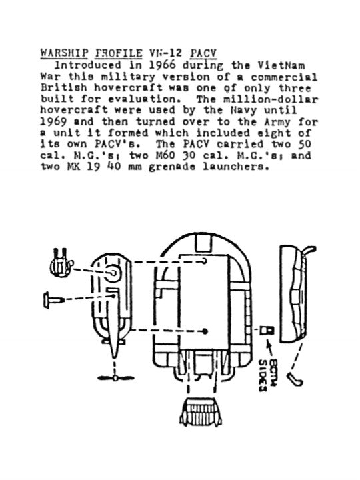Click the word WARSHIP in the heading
click(64, 53)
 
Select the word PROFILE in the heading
click(119, 53)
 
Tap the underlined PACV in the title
click(203, 53)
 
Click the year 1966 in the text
click(163, 65)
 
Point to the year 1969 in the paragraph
click(53, 121)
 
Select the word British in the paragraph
click(64, 88)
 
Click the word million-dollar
click(271, 99)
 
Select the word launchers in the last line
click(237, 167)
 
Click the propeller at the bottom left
click(115, 378)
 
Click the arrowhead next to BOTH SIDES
click(269, 344)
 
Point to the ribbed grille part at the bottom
click(201, 412)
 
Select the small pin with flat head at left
click(54, 300)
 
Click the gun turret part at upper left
click(61, 263)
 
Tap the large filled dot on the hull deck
click(205, 331)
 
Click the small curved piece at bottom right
click(295, 379)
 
